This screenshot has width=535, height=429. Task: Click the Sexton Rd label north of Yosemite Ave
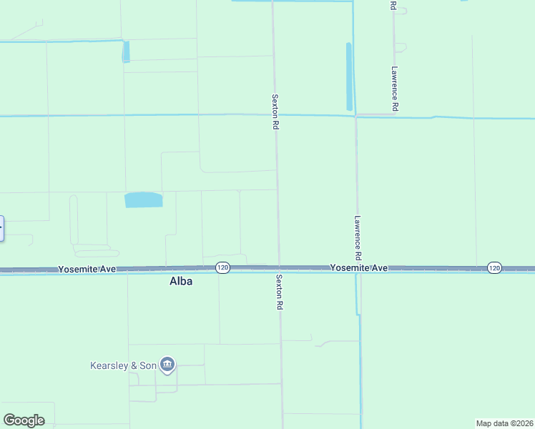point(275,112)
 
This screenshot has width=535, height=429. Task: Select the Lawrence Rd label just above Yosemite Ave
point(358,238)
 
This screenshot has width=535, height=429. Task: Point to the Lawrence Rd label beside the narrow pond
point(394,89)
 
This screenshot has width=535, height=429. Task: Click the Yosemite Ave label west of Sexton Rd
point(87,269)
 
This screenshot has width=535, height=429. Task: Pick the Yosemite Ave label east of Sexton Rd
point(358,267)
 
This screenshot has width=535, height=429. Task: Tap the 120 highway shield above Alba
point(222,267)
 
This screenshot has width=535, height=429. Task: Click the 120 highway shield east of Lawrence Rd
point(494,267)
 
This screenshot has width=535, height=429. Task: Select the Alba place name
point(181,282)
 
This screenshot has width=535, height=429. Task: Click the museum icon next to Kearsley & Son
point(167,365)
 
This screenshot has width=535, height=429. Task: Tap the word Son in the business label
point(148,365)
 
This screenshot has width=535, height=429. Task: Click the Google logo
point(24,420)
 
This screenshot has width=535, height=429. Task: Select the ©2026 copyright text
point(521,423)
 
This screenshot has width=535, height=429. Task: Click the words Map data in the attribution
point(493,423)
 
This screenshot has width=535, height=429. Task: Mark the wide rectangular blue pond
point(144,199)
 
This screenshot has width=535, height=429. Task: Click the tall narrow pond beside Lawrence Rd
point(349,77)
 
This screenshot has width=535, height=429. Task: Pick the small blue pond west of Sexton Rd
point(127,51)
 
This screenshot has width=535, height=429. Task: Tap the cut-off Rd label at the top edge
point(393,5)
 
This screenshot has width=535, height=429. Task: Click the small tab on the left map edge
point(1,228)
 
